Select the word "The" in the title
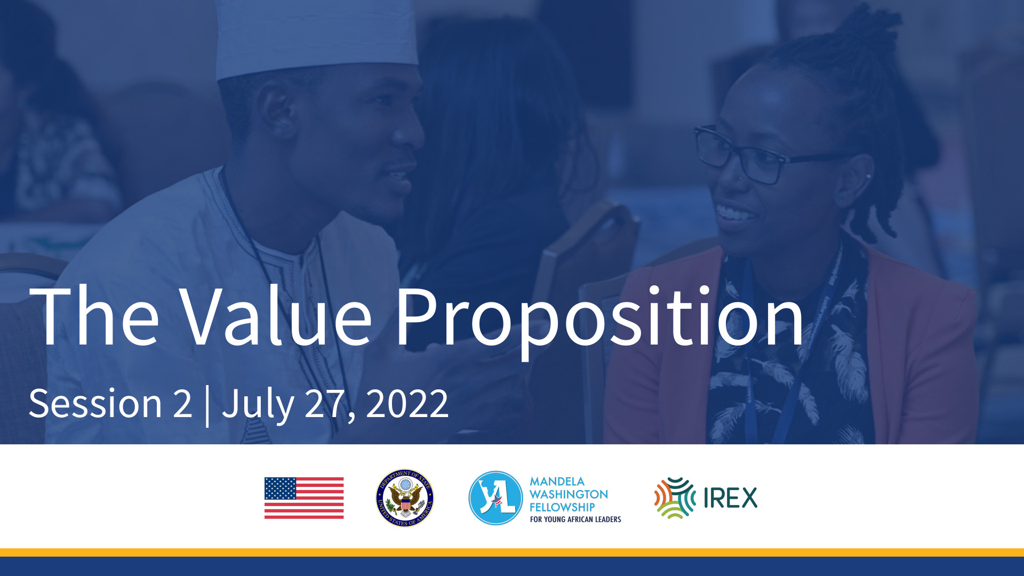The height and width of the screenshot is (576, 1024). pos(94,316)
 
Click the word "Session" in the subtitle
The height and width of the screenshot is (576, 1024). pos(95,403)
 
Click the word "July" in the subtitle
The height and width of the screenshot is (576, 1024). pos(258,405)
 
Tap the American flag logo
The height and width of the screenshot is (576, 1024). pos(304,498)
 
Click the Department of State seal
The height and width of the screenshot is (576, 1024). pos(405,498)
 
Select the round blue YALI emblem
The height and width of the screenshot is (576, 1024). pos(495,498)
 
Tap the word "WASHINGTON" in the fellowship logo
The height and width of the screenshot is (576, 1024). pos(569,494)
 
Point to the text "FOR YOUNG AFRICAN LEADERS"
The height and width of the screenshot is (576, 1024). pos(575,519)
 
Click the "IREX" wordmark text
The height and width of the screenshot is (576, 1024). pos(731,498)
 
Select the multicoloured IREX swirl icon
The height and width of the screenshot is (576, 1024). pos(675,498)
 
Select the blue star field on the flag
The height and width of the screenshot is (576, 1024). pos(280,489)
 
